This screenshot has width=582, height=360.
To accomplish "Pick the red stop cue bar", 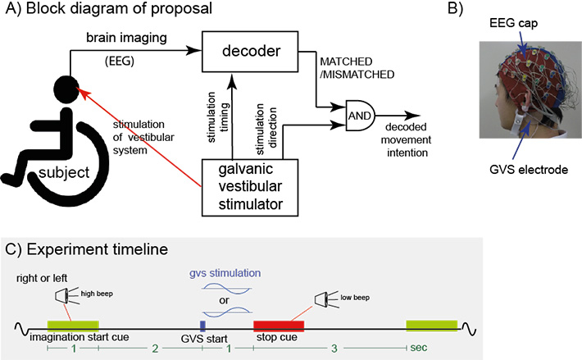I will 279,326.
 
